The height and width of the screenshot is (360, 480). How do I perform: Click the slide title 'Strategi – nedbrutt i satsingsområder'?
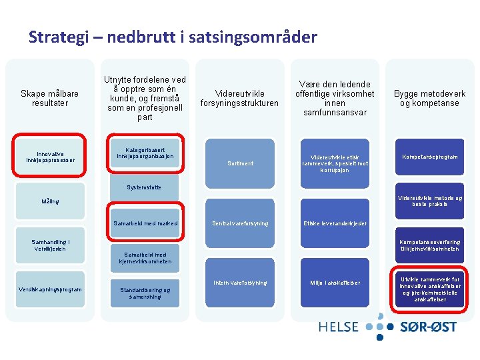click(173, 37)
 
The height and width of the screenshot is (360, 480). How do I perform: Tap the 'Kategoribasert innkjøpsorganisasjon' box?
click(144, 153)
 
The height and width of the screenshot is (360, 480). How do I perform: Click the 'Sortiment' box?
click(240, 163)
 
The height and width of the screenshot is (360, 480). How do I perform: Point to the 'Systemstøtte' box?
click(144, 187)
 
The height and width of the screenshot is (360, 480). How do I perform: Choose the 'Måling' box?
click(50, 201)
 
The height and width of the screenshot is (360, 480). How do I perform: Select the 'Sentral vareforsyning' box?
click(240, 223)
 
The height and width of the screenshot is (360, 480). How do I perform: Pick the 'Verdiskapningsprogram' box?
click(51, 289)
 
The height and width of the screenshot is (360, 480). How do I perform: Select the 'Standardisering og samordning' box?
click(145, 293)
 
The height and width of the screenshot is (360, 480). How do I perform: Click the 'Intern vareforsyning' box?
click(240, 283)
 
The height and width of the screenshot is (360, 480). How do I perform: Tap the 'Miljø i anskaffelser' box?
click(335, 283)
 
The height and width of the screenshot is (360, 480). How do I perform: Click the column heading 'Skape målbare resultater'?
click(50, 99)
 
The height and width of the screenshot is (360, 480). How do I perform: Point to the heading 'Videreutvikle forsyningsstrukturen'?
click(240, 99)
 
